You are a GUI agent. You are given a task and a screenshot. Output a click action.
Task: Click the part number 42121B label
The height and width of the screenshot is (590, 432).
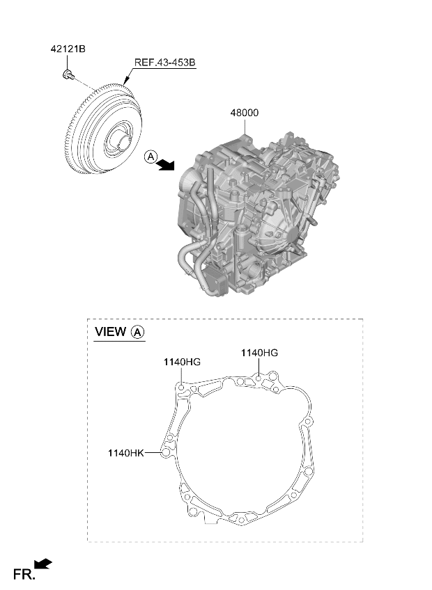tap(68, 49)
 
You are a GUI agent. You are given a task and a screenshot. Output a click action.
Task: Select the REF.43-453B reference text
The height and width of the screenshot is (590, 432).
tap(165, 63)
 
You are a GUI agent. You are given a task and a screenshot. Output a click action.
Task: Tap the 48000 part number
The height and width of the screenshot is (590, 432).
tap(245, 113)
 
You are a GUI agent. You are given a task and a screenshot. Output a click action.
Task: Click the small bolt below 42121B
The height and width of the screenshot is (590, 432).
tap(68, 74)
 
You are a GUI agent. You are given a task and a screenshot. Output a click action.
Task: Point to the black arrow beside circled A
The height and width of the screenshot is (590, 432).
tap(166, 164)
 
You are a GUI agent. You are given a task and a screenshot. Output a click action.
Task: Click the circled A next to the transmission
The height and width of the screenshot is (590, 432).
tap(151, 157)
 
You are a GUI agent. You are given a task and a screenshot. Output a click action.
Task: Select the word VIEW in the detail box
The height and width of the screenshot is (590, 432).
tap(110, 332)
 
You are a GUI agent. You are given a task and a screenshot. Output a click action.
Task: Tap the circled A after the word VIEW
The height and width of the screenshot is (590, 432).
tap(137, 333)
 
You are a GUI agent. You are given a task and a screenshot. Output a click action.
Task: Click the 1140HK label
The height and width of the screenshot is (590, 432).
tap(126, 453)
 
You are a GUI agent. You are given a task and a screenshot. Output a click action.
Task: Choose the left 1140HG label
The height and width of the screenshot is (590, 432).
tap(182, 362)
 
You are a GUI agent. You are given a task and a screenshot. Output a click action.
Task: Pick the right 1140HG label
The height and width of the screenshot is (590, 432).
tap(259, 353)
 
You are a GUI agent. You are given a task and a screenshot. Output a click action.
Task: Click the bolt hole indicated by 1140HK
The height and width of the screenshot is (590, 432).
tap(164, 453)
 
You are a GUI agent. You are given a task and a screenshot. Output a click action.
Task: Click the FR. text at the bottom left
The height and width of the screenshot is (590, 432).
tap(24, 575)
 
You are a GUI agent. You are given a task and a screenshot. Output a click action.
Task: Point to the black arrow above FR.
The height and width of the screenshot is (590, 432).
tap(43, 564)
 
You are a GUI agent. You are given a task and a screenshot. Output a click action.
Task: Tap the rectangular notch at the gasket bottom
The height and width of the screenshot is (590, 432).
tap(211, 520)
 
